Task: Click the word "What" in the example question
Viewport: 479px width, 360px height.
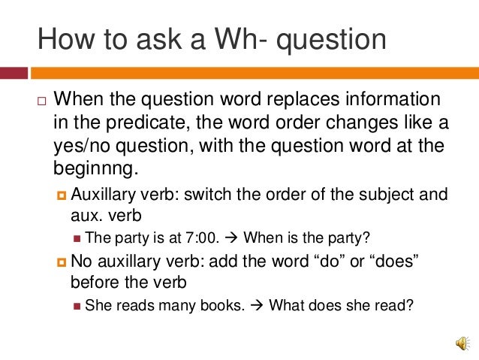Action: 285,306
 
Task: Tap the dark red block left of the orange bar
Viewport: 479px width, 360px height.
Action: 14,74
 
